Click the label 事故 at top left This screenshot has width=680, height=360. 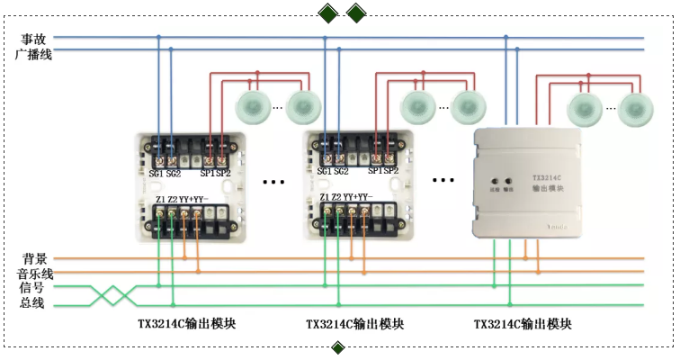(x=33, y=39)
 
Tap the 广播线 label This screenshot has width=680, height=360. (x=33, y=55)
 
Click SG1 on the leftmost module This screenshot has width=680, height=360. (x=157, y=171)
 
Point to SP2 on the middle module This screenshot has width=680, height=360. (x=391, y=171)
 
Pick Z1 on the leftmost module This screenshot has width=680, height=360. (x=160, y=199)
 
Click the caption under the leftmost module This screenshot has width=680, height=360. (x=183, y=323)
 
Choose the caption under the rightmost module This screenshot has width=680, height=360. (x=522, y=323)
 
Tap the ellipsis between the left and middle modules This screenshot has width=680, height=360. (x=273, y=181)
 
